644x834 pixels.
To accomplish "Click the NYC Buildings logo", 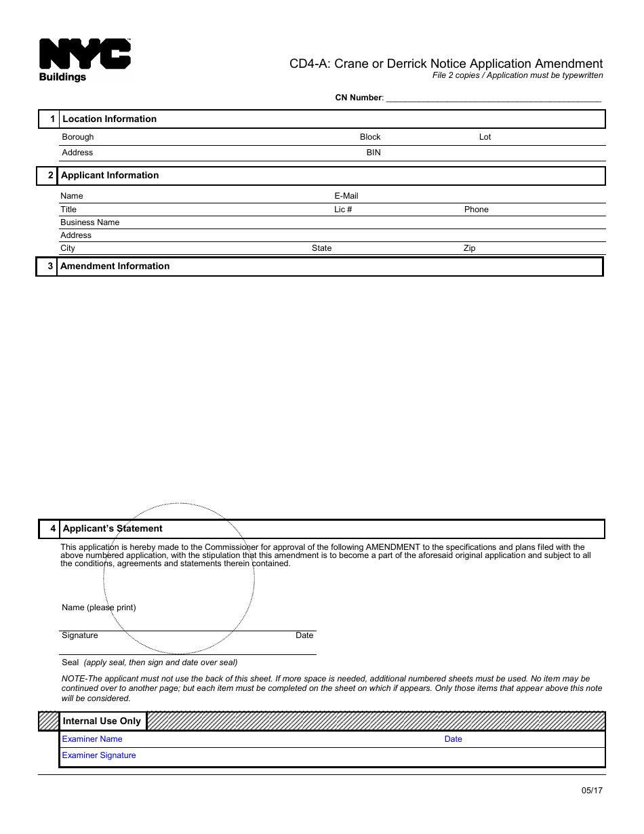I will pyautogui.click(x=84, y=60).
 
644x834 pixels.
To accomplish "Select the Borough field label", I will pyautogui.click(x=78, y=137).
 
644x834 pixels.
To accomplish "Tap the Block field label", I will pyautogui.click(x=370, y=137).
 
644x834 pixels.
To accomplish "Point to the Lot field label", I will pyautogui.click(x=485, y=137).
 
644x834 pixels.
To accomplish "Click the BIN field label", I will pyautogui.click(x=374, y=153).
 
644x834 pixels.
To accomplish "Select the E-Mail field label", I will pyautogui.click(x=346, y=196).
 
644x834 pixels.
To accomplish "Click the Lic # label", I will pyautogui.click(x=343, y=210).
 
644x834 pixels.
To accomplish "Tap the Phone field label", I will pyautogui.click(x=476, y=210).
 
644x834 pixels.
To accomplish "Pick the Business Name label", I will pyautogui.click(x=89, y=222).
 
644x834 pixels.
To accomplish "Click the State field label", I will pyautogui.click(x=321, y=248).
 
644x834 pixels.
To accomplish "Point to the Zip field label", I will pyautogui.click(x=469, y=248).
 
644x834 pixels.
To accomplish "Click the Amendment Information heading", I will pyautogui.click(x=115, y=266).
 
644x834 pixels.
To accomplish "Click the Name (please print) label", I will pyautogui.click(x=99, y=608).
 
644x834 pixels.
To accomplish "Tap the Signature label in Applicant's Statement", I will pyautogui.click(x=80, y=635).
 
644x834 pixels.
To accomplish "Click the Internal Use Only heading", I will pyautogui.click(x=102, y=721).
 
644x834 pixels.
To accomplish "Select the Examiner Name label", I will pyautogui.click(x=92, y=739).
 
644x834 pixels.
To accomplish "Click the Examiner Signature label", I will pyautogui.click(x=99, y=755).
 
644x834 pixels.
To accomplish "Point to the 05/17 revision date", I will pyautogui.click(x=592, y=791).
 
